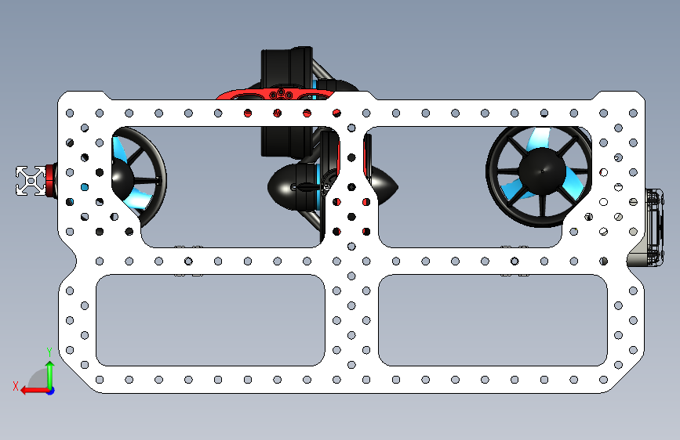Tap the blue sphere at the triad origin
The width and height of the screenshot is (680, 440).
[x=50, y=390]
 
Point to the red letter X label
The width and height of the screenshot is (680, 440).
[x=16, y=384]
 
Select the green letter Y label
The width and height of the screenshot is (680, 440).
[x=49, y=352]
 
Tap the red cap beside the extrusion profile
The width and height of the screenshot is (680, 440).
[x=52, y=180]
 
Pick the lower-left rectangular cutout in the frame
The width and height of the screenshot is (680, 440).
[x=210, y=320]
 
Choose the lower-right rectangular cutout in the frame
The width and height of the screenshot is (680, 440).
[x=493, y=320]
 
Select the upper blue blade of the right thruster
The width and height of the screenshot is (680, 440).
[x=541, y=139]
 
